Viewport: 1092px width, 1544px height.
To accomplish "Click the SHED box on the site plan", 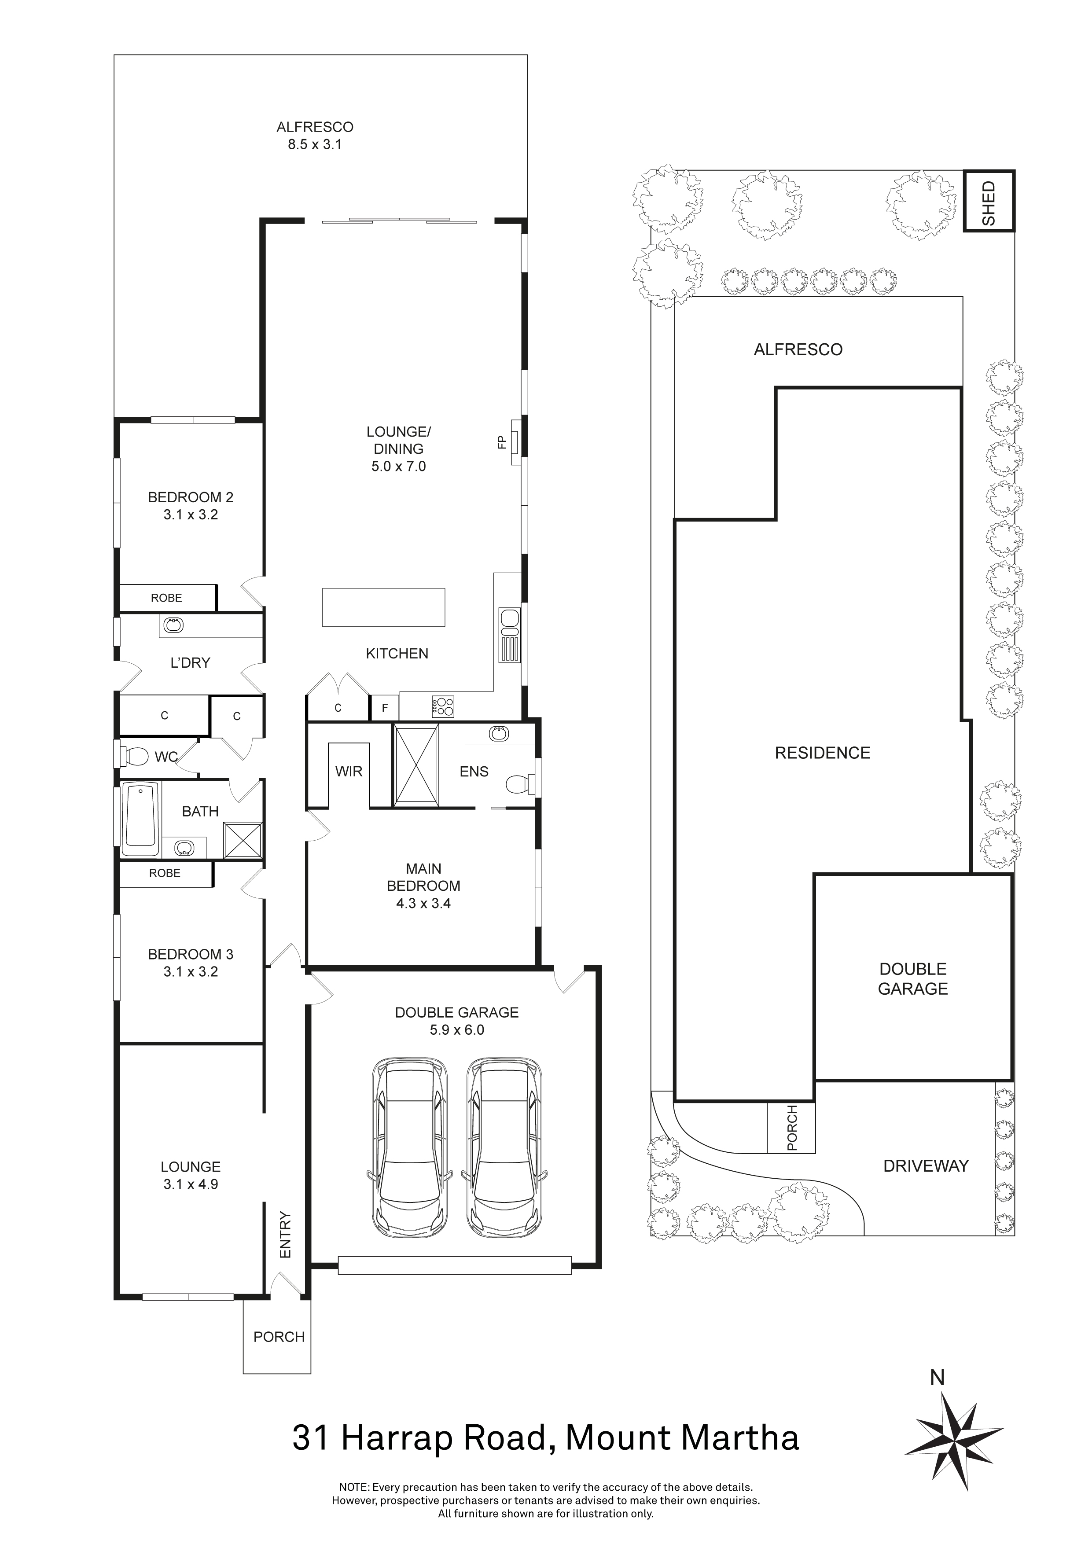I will click(989, 201).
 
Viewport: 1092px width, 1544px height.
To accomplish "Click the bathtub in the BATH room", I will click(140, 818).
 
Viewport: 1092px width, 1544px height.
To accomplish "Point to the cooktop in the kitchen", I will click(443, 706).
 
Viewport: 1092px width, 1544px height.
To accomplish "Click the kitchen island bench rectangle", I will click(383, 607).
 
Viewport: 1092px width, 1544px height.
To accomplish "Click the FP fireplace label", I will click(501, 442).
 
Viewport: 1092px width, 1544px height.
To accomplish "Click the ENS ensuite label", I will click(474, 771).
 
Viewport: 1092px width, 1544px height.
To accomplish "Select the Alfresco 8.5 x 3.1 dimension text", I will click(315, 144).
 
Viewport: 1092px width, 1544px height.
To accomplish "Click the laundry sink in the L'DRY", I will click(173, 625).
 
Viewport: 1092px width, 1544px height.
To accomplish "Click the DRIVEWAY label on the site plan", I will click(925, 1166).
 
